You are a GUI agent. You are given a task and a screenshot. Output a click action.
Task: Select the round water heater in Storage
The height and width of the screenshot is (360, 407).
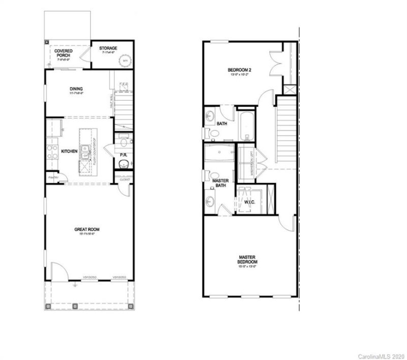pos(124,61)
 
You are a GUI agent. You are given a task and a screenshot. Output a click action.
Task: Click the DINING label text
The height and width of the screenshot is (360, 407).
pos(76,89)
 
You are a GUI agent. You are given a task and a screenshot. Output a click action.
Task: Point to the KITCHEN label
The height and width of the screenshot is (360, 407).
pos(69,152)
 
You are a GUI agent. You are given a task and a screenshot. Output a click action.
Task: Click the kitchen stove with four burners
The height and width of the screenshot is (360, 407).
pos(52,151)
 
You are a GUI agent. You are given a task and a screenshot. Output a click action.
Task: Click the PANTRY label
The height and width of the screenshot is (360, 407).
pos(52,177)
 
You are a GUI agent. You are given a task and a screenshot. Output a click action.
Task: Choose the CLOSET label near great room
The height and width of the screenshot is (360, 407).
pos(125,179)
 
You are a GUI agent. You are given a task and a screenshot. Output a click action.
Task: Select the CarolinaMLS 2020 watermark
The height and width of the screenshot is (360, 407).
pos(382,354)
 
